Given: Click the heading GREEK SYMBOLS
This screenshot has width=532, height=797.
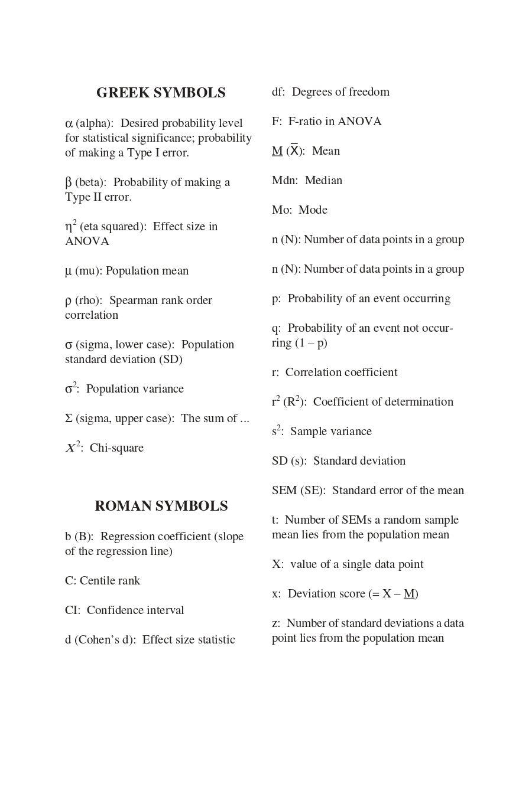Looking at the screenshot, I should pos(161,93).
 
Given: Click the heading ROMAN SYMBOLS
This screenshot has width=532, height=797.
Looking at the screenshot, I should pos(161,506).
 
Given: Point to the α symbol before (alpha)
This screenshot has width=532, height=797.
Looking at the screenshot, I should pos(69,123).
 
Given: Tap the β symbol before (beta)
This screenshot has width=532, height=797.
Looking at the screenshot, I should pos(69,182).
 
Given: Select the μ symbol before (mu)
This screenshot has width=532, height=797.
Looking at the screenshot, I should pos(69,272).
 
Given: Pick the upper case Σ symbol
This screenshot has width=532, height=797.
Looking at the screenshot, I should pos(69,419).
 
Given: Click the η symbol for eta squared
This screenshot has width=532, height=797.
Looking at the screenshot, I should pos(69,227).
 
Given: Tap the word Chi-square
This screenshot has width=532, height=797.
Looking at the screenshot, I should pos(116,448).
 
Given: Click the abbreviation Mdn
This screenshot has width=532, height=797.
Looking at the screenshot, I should pos(284,181).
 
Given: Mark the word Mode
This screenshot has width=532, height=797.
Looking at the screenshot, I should pos(313,210).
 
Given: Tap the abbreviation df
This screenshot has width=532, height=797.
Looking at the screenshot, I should pos(277,92).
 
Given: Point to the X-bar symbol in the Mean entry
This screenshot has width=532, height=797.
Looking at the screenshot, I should pos(294,150).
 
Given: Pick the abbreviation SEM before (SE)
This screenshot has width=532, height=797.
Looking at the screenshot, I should pos(284,491).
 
